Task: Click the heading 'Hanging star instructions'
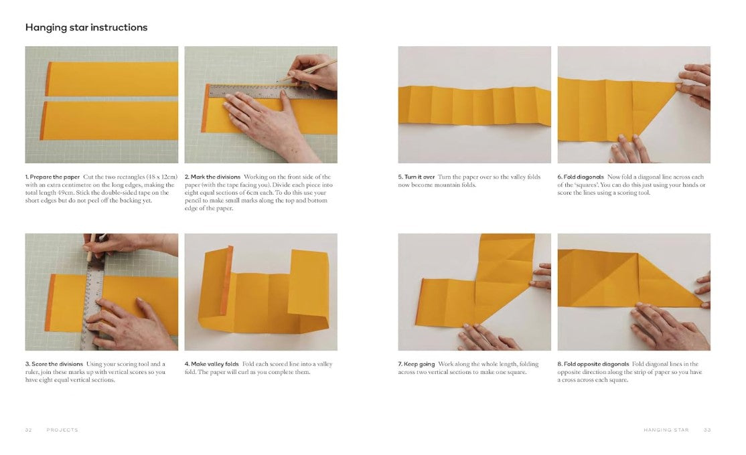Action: [x=86, y=28]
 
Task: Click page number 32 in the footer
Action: [x=28, y=430]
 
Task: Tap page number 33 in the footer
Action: [x=707, y=430]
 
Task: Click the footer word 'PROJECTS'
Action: [x=62, y=430]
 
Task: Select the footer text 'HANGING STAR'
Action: [x=666, y=430]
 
